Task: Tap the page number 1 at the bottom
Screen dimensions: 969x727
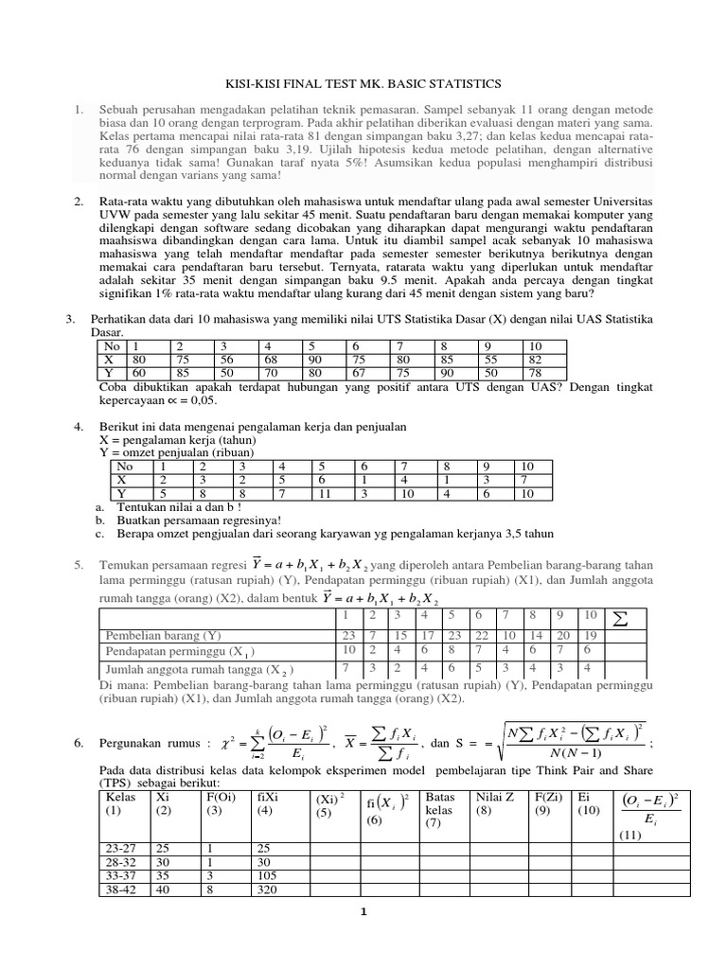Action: point(363,912)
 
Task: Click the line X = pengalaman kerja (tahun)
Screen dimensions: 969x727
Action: point(177,440)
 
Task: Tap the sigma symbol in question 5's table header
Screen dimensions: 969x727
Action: point(621,621)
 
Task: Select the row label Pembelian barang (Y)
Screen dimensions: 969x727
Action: point(163,636)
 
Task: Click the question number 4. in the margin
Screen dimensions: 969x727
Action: point(80,427)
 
